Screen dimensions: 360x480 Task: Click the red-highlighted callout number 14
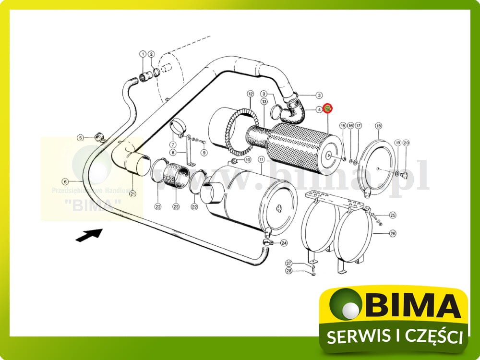point(328,109)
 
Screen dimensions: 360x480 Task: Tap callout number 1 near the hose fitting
point(142,54)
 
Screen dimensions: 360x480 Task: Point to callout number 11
point(261,159)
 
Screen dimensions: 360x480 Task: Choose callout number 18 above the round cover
point(378,126)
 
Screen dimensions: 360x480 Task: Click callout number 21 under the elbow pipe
point(132,194)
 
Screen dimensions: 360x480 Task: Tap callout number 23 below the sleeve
point(176,207)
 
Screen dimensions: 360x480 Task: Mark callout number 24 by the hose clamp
point(284,243)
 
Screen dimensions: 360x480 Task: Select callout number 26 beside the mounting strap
point(393,234)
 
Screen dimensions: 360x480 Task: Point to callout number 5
point(81,138)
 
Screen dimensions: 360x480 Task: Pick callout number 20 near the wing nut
point(406,143)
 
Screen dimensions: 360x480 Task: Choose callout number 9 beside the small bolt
point(204,153)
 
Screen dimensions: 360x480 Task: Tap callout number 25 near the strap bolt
point(393,215)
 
